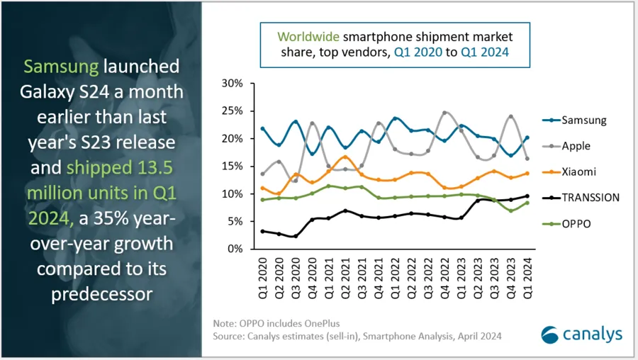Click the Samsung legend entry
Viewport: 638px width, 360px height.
coord(583,120)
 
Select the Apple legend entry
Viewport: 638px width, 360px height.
coord(575,146)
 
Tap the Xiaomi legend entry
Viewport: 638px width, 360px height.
coord(578,171)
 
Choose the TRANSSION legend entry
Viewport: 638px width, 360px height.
coord(591,197)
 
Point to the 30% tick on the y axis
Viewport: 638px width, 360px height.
coord(233,83)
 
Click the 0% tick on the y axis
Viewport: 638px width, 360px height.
coord(235,249)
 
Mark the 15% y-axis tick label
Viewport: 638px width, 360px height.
coord(233,166)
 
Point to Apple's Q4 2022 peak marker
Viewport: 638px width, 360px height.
coord(444,113)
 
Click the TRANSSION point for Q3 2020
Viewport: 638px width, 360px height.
coord(295,236)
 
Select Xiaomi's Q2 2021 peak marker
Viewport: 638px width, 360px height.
coord(345,157)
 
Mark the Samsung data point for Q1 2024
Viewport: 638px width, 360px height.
coord(526,137)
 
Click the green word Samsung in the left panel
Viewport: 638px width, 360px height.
coord(62,67)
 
